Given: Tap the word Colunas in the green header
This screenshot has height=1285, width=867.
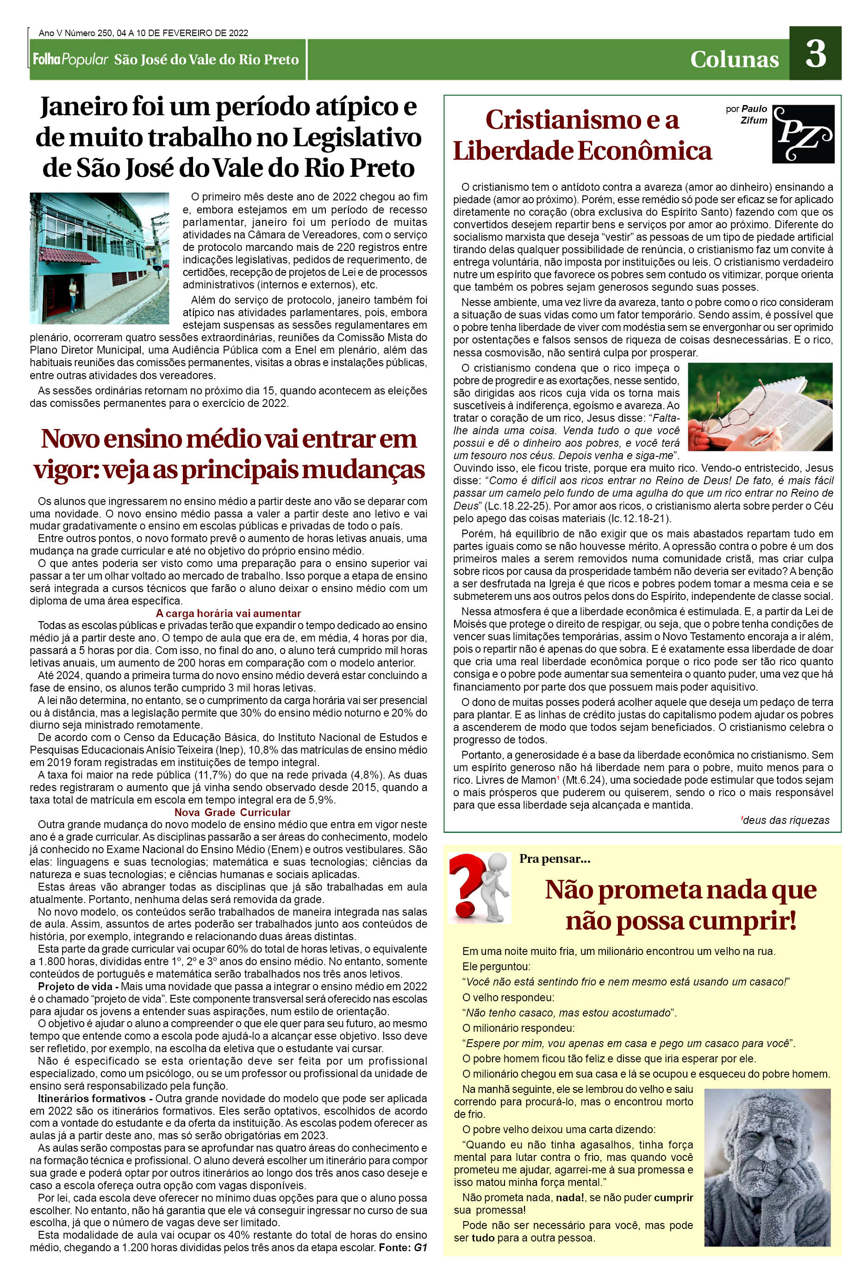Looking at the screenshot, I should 734,59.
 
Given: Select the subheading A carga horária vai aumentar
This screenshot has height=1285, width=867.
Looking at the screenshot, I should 228,613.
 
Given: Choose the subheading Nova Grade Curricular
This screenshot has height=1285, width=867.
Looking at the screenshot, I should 232,812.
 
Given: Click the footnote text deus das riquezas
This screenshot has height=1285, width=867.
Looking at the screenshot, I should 785,820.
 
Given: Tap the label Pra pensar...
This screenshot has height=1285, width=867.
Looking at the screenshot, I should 555,859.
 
